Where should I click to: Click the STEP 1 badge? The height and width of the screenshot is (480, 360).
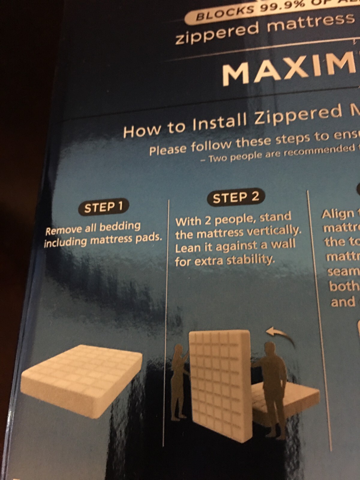coord(103,207)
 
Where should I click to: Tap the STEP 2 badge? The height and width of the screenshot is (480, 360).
coord(236,197)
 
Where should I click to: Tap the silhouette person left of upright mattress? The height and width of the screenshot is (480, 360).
coord(180,381)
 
